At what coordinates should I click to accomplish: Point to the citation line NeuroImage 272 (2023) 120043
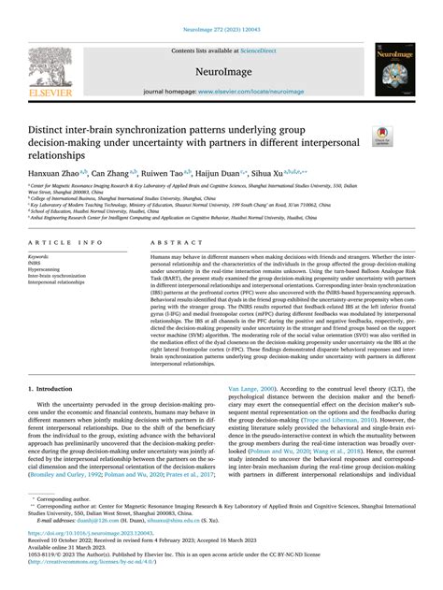click(221, 7)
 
